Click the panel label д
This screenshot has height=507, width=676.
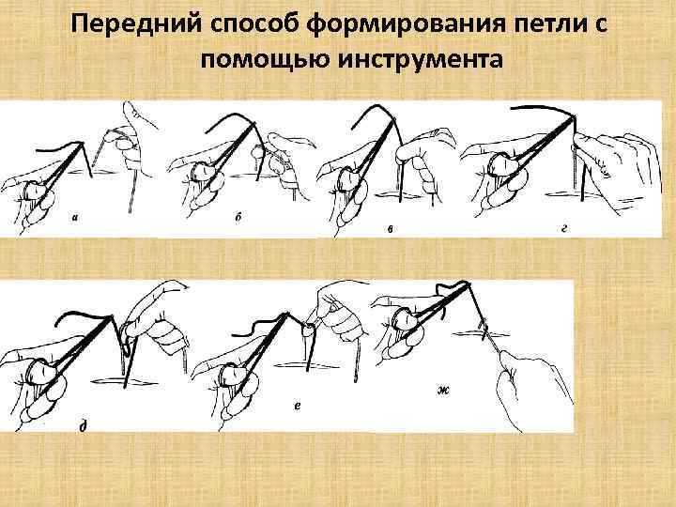[84, 425]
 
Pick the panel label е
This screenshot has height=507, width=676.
[297, 406]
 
